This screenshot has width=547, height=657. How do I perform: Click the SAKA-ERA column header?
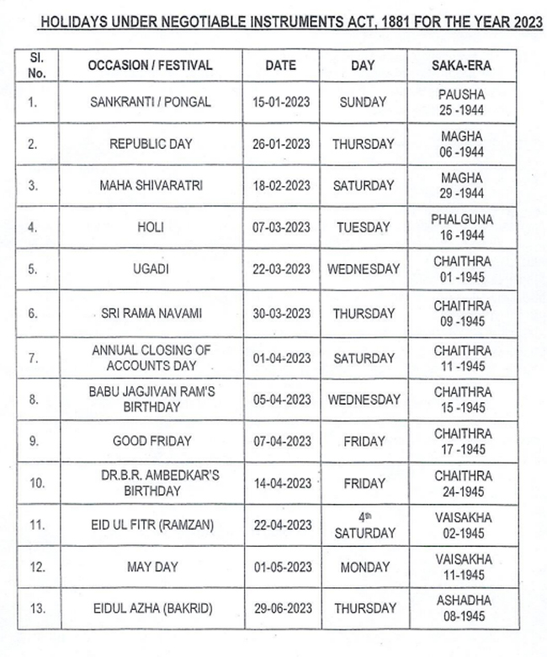[461, 65]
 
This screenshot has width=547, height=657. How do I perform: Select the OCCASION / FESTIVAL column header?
[151, 65]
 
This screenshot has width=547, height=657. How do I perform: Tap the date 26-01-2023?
[281, 144]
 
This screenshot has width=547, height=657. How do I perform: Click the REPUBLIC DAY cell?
[151, 144]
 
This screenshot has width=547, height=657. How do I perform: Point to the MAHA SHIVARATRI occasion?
[151, 186]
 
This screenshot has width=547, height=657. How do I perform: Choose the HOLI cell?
[151, 227]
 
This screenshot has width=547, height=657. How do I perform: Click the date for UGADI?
[281, 269]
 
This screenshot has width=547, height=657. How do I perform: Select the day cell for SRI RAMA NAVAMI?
[363, 313]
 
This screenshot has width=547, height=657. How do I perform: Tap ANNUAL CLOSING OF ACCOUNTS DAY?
[151, 358]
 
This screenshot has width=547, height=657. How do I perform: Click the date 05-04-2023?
[281, 400]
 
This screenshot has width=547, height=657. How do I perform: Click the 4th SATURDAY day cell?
[364, 525]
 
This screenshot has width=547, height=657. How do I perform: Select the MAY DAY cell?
[151, 567]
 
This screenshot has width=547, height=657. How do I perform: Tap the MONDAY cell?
[364, 567]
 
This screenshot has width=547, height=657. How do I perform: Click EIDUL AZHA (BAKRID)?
[151, 608]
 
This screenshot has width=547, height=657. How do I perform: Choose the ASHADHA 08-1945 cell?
[461, 608]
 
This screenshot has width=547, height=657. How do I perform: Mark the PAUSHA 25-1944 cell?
[461, 103]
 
